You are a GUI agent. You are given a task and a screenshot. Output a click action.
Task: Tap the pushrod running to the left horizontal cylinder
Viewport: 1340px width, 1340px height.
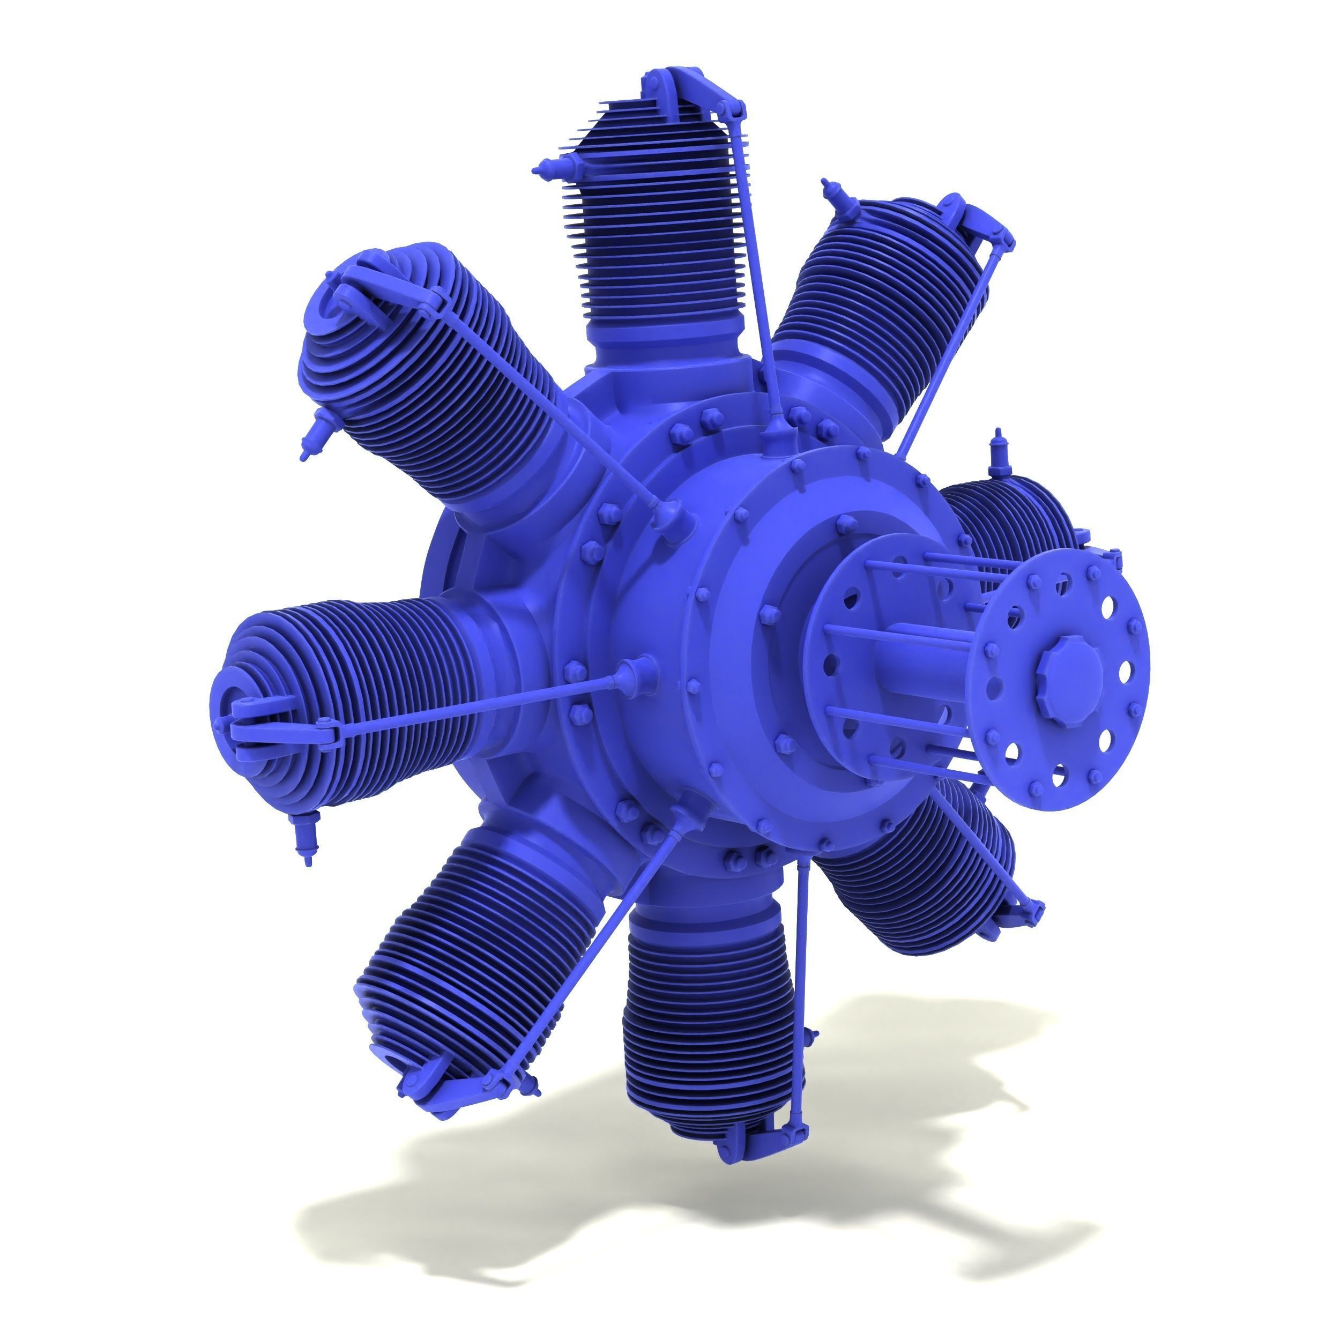[x=479, y=704]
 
